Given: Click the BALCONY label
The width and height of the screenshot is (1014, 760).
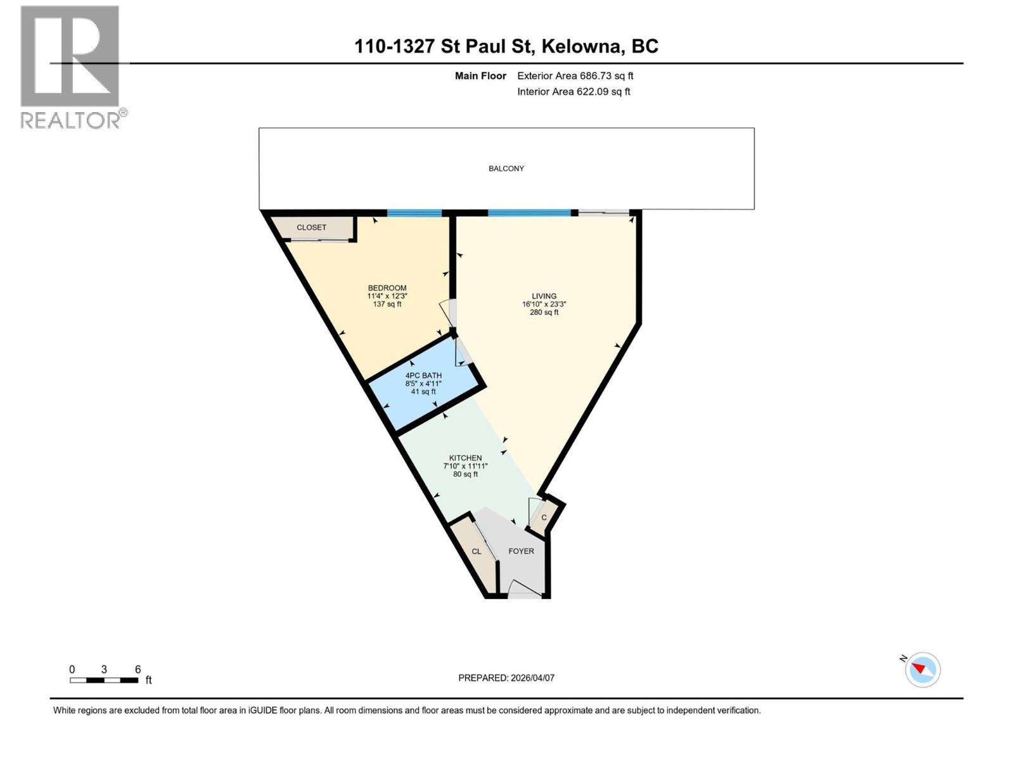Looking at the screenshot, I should coord(506,168).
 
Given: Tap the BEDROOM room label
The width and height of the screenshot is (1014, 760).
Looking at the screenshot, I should coord(387,288).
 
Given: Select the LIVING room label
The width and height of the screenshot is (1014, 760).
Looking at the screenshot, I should coord(544,296).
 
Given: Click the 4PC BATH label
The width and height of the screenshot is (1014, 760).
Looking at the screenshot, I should coord(423,376).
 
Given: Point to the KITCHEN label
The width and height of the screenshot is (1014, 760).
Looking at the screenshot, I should coord(465,458).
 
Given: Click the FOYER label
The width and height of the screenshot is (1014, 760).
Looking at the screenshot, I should coord(521,551).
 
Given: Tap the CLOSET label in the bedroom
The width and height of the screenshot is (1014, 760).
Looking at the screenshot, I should coord(311,227).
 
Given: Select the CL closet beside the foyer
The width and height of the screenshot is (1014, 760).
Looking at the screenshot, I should coord(477,552).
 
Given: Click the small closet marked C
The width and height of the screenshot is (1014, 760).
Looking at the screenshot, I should coord(544,517).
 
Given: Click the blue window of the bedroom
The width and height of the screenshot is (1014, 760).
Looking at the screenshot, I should coord(414,213).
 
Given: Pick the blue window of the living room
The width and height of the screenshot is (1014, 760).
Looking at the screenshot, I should coord(529,213).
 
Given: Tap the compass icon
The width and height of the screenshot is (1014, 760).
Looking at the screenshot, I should coord(923,669).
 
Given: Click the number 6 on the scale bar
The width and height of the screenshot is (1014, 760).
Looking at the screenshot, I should coord(138,669).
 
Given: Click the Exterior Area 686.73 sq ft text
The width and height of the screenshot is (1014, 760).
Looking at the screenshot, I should coord(575,76).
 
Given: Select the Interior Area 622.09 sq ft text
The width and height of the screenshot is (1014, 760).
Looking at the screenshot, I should coord(574,91).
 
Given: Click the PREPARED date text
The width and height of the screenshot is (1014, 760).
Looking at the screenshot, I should coord(506,678).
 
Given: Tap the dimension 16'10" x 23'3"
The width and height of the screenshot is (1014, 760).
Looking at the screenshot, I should coord(544,304).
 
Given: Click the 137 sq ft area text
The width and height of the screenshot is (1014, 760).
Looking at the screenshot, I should coord(387,304).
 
